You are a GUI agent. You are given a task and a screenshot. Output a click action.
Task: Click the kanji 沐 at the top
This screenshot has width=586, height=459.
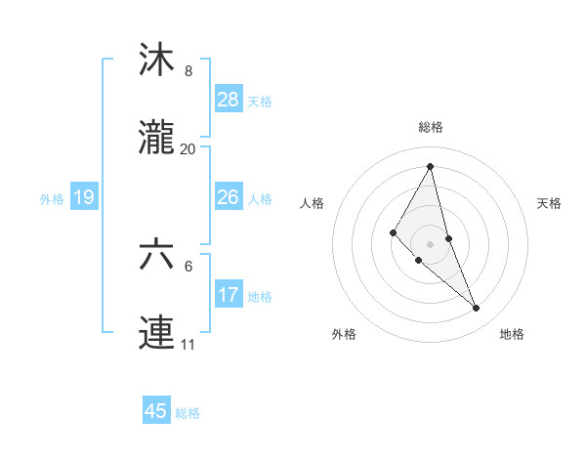(x=157, y=60)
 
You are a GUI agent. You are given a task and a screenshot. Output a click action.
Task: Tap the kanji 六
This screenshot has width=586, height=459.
(x=157, y=255)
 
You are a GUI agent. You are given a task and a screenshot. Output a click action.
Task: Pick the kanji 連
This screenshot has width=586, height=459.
(x=157, y=333)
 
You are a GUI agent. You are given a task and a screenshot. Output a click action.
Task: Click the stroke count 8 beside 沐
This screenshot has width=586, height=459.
(x=188, y=71)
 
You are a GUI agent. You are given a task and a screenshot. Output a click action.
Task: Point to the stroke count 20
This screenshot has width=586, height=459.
(x=188, y=149)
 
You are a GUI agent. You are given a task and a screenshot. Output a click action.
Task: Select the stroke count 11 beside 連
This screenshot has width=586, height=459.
(x=188, y=345)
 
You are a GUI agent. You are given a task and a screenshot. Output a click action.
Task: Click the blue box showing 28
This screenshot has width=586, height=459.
(x=229, y=99)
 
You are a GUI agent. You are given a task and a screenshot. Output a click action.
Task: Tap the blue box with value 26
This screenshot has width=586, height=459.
(x=229, y=196)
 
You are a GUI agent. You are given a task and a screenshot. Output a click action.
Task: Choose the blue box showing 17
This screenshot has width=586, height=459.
(x=229, y=294)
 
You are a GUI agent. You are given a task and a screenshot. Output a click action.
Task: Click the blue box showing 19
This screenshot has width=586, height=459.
(x=84, y=197)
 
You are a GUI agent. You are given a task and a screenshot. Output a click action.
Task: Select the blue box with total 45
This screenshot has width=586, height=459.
(x=156, y=411)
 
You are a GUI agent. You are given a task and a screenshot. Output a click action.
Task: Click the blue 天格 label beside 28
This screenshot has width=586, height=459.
(x=260, y=101)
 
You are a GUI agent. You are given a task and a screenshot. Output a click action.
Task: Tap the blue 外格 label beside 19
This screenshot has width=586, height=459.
(x=52, y=199)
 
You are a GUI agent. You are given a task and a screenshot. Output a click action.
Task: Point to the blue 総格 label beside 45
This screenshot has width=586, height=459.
(x=188, y=413)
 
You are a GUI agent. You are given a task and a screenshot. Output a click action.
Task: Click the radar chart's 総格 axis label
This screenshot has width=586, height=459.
(x=431, y=127)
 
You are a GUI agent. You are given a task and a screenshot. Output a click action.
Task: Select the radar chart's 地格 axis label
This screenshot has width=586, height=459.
(x=512, y=334)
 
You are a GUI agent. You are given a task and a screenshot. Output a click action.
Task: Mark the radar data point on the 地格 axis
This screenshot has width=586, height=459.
(x=477, y=309)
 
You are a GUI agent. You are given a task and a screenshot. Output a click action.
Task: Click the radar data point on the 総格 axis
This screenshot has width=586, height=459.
(x=431, y=166)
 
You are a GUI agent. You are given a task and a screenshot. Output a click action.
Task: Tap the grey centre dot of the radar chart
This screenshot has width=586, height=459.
(x=431, y=244)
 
